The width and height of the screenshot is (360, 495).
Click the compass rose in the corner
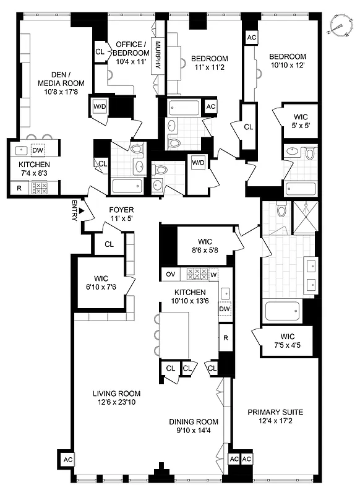click(x=338, y=25)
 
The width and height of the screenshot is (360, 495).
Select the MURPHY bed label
click(x=158, y=56)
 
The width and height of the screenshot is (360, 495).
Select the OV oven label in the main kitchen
click(x=170, y=273)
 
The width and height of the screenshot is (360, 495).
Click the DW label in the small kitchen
click(x=37, y=150)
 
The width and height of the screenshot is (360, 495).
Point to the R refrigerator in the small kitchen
click(x=19, y=187)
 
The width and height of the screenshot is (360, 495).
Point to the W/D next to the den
click(x=100, y=105)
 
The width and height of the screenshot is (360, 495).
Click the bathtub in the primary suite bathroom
click(x=283, y=309)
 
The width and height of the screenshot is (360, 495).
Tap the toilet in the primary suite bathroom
click(x=281, y=212)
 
